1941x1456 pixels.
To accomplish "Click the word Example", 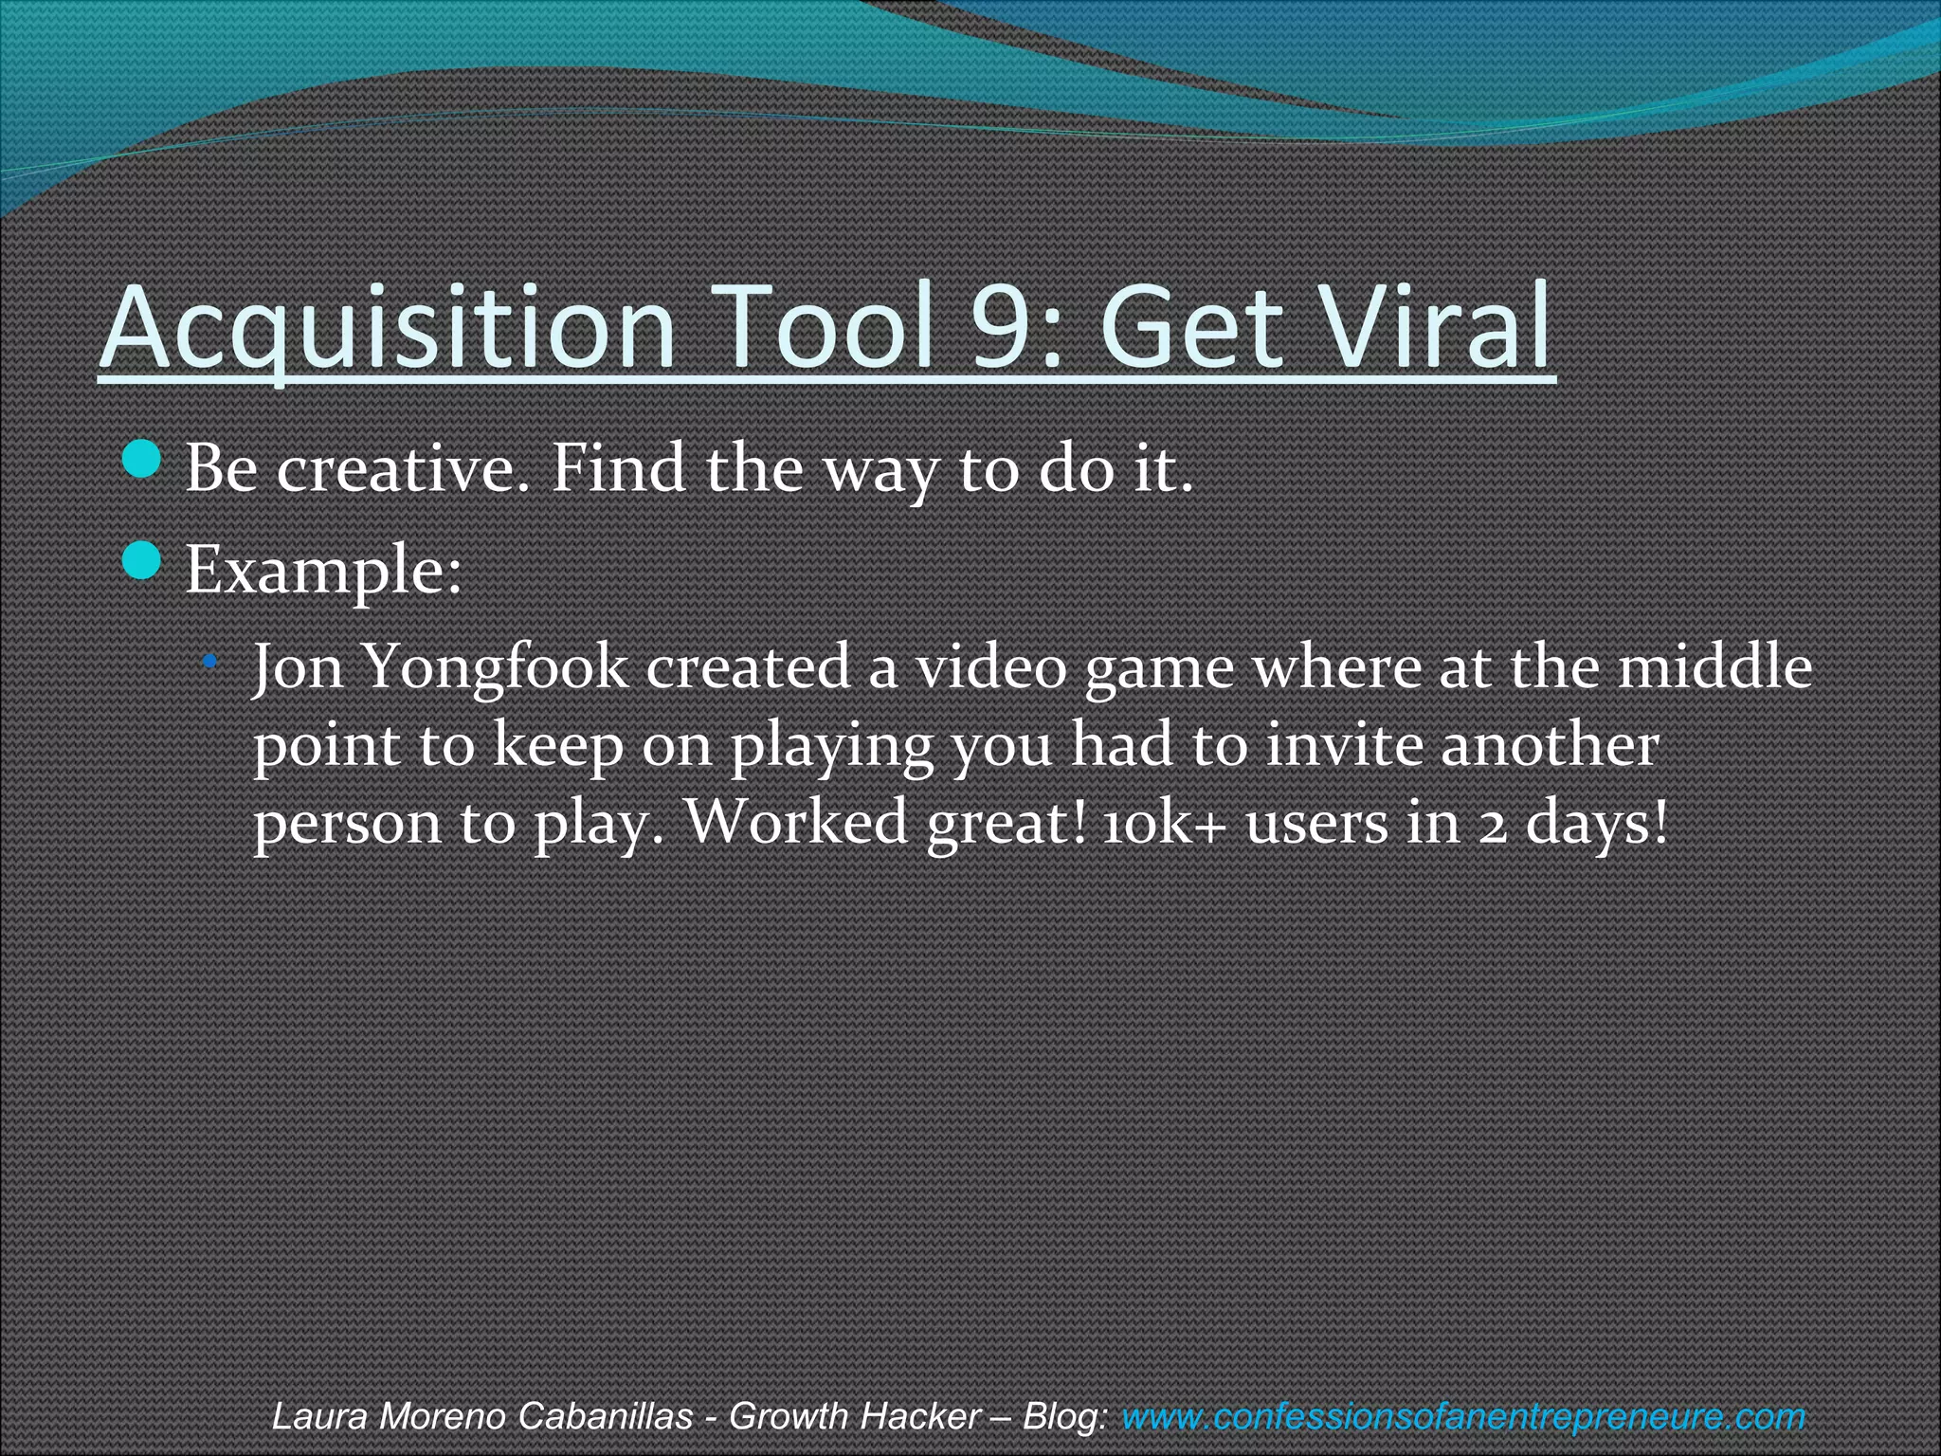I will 322,571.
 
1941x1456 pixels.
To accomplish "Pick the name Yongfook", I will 495,668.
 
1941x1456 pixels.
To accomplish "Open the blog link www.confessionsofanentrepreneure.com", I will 1462,1416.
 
